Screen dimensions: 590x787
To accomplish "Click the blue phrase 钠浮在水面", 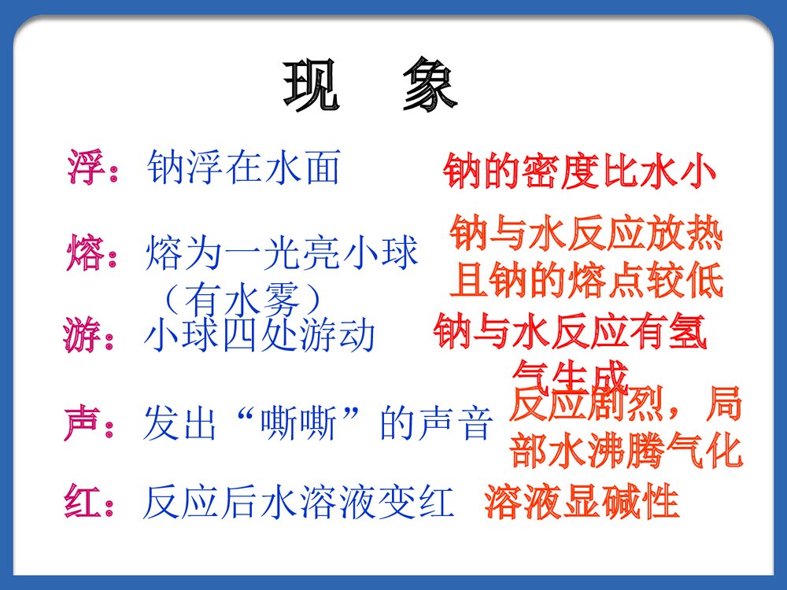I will coord(244,168).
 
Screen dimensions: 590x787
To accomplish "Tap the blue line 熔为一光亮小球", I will coord(282,254).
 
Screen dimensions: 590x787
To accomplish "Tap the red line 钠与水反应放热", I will coord(586,234).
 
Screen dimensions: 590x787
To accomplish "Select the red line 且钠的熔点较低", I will coord(586,282).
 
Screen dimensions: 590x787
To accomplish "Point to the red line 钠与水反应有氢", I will coord(571,334).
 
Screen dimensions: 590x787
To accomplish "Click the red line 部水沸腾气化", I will coord(626,452).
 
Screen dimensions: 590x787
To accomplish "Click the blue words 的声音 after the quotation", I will coord(437,424).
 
